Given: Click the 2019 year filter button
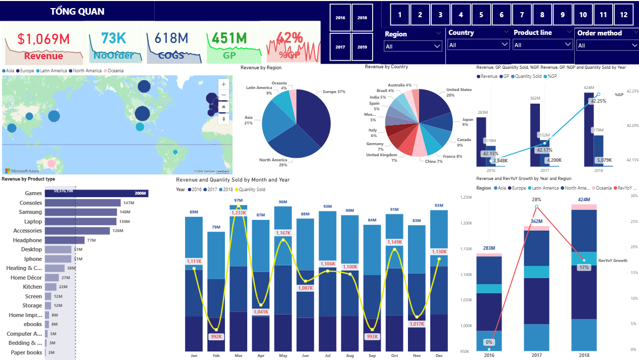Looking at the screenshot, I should (x=362, y=47).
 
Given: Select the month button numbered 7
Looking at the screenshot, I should (x=522, y=15).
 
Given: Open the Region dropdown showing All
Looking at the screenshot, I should (x=413, y=46).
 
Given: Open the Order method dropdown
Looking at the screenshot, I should (x=606, y=46).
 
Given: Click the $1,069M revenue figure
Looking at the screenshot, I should (x=43, y=38).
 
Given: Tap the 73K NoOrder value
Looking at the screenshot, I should (x=113, y=38).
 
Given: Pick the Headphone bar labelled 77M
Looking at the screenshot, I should (x=65, y=240).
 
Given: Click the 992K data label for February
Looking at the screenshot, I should (x=216, y=336).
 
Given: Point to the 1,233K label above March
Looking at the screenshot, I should (x=239, y=213).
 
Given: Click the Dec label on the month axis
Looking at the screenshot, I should (x=438, y=355).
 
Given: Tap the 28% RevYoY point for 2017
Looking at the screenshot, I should (x=536, y=207).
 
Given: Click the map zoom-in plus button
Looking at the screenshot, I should (x=223, y=84).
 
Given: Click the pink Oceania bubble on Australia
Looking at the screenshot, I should (x=51, y=164).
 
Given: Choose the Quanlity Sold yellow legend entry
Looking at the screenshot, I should (x=251, y=190).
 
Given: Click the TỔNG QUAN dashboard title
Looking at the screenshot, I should (x=71, y=12).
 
